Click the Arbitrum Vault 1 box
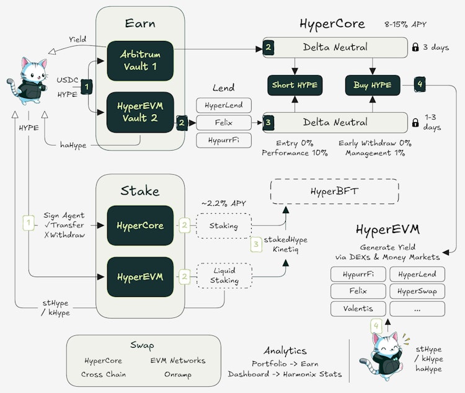pyautogui.click(x=140, y=61)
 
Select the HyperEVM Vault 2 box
pyautogui.click(x=140, y=112)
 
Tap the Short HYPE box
pyautogui.click(x=294, y=85)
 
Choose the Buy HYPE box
pyautogui.click(x=373, y=85)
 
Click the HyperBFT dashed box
pyautogui.click(x=335, y=192)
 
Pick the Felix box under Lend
pyautogui.click(x=224, y=123)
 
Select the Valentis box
pyautogui.click(x=358, y=309)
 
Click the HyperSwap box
pyautogui.click(x=417, y=291)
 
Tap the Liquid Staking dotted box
pyautogui.click(x=224, y=276)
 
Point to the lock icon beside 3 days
pyautogui.click(x=415, y=47)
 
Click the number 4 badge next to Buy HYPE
pyautogui.click(x=420, y=84)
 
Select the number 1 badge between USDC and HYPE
pyautogui.click(x=87, y=87)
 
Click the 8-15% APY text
pyautogui.click(x=405, y=24)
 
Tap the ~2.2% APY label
pyautogui.click(x=224, y=203)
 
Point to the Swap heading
pyautogui.click(x=142, y=345)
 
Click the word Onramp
pyautogui.click(x=178, y=374)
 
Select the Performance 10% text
pyautogui.click(x=294, y=153)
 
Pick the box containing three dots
pyautogui.click(x=417, y=309)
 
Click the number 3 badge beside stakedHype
pyautogui.click(x=256, y=244)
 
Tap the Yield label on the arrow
pyautogui.click(x=77, y=39)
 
